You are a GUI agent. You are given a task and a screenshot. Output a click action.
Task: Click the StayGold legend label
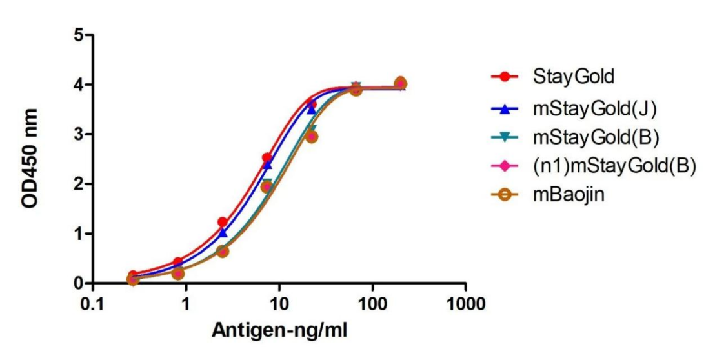pos(573,77)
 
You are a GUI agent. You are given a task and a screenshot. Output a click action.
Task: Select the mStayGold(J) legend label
pos(594,110)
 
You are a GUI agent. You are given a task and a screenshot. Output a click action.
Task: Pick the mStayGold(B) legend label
pos(595,137)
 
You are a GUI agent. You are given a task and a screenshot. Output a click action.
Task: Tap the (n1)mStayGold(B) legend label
pos(614,166)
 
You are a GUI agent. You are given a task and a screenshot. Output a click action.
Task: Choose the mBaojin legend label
pos(569,194)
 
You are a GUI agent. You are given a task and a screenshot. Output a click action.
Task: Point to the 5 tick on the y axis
pos(78,35)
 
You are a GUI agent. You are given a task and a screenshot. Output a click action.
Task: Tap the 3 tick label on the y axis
pos(78,134)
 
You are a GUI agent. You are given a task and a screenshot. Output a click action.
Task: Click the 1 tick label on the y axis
pos(78,234)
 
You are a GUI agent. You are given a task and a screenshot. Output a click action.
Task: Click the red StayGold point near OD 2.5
pos(267,158)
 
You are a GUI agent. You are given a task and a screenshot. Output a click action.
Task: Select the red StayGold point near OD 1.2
pos(223,222)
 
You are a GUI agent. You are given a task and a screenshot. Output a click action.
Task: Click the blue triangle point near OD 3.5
pos(312,110)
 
